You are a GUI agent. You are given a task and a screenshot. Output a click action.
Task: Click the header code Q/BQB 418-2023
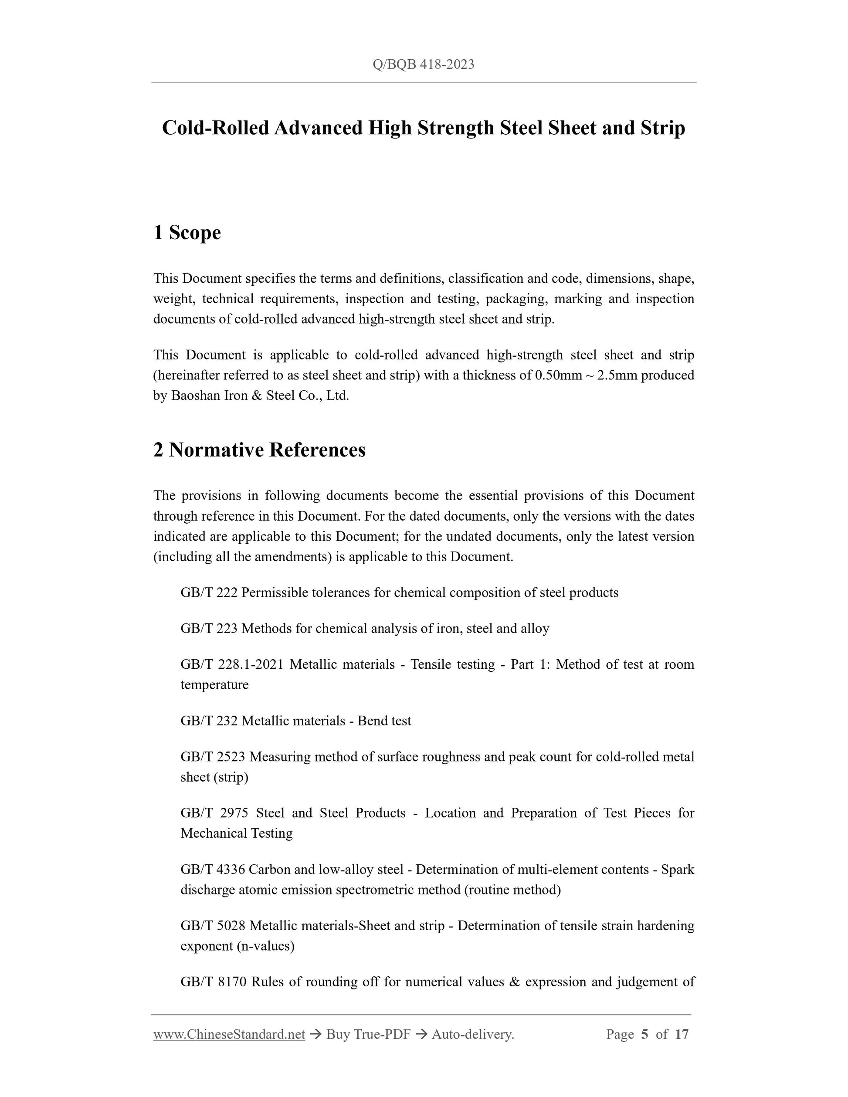coord(424,64)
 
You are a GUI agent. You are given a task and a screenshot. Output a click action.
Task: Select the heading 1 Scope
coord(187,233)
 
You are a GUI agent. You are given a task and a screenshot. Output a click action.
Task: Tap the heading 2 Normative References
coord(259,450)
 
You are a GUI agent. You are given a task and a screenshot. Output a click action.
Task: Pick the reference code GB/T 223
coord(208,629)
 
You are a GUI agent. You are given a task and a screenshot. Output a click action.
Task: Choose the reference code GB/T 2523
coord(213,757)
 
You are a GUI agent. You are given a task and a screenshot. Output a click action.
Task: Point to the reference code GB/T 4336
coord(213,870)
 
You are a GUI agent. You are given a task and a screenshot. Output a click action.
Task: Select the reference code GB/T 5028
coord(213,926)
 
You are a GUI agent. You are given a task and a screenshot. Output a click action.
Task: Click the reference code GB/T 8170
coord(214,982)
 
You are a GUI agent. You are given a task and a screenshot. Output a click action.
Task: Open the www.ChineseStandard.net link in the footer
coord(229,1034)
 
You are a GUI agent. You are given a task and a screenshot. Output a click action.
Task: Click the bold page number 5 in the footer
coord(644,1034)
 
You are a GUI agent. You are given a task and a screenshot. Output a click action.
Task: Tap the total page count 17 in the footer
coord(681,1034)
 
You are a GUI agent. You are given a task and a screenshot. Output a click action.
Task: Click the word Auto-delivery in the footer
coord(472,1034)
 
